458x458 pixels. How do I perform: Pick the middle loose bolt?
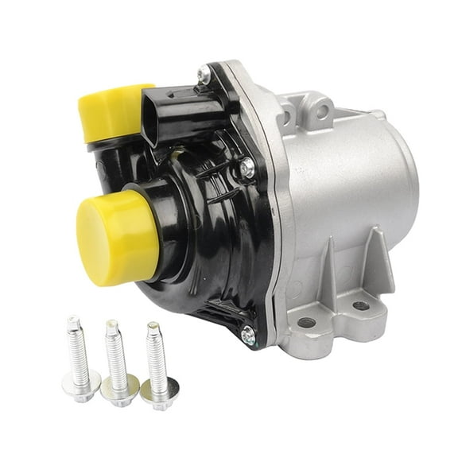click(118, 366)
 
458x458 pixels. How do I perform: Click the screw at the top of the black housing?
click(205, 74)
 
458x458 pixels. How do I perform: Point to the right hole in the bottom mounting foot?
click(359, 305)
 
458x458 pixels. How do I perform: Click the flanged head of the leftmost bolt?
click(81, 386)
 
